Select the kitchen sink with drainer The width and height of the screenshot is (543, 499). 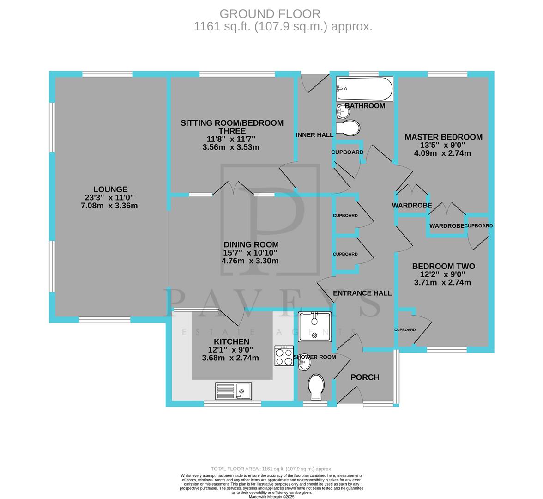tap(233, 391)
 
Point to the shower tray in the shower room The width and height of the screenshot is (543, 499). tap(315, 327)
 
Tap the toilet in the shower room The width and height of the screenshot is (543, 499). tap(316, 387)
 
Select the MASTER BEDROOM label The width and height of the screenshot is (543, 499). tap(443, 137)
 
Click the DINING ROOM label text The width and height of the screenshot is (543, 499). tap(251, 244)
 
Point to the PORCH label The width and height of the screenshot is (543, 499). tap(365, 377)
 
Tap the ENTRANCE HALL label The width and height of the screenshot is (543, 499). tap(362, 293)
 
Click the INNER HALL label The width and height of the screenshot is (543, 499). tap(314, 135)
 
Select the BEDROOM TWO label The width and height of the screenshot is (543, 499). tap(443, 266)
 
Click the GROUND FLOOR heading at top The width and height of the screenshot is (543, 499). tap(270, 14)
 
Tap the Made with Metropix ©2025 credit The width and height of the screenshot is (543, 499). tap(271, 497)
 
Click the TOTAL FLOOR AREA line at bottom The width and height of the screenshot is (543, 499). tap(271, 469)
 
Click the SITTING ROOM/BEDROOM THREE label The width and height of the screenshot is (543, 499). tap(232, 127)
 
